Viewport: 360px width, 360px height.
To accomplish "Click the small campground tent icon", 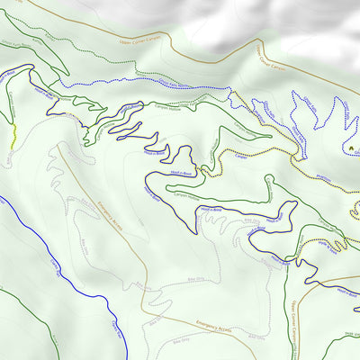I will coord(350,148).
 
